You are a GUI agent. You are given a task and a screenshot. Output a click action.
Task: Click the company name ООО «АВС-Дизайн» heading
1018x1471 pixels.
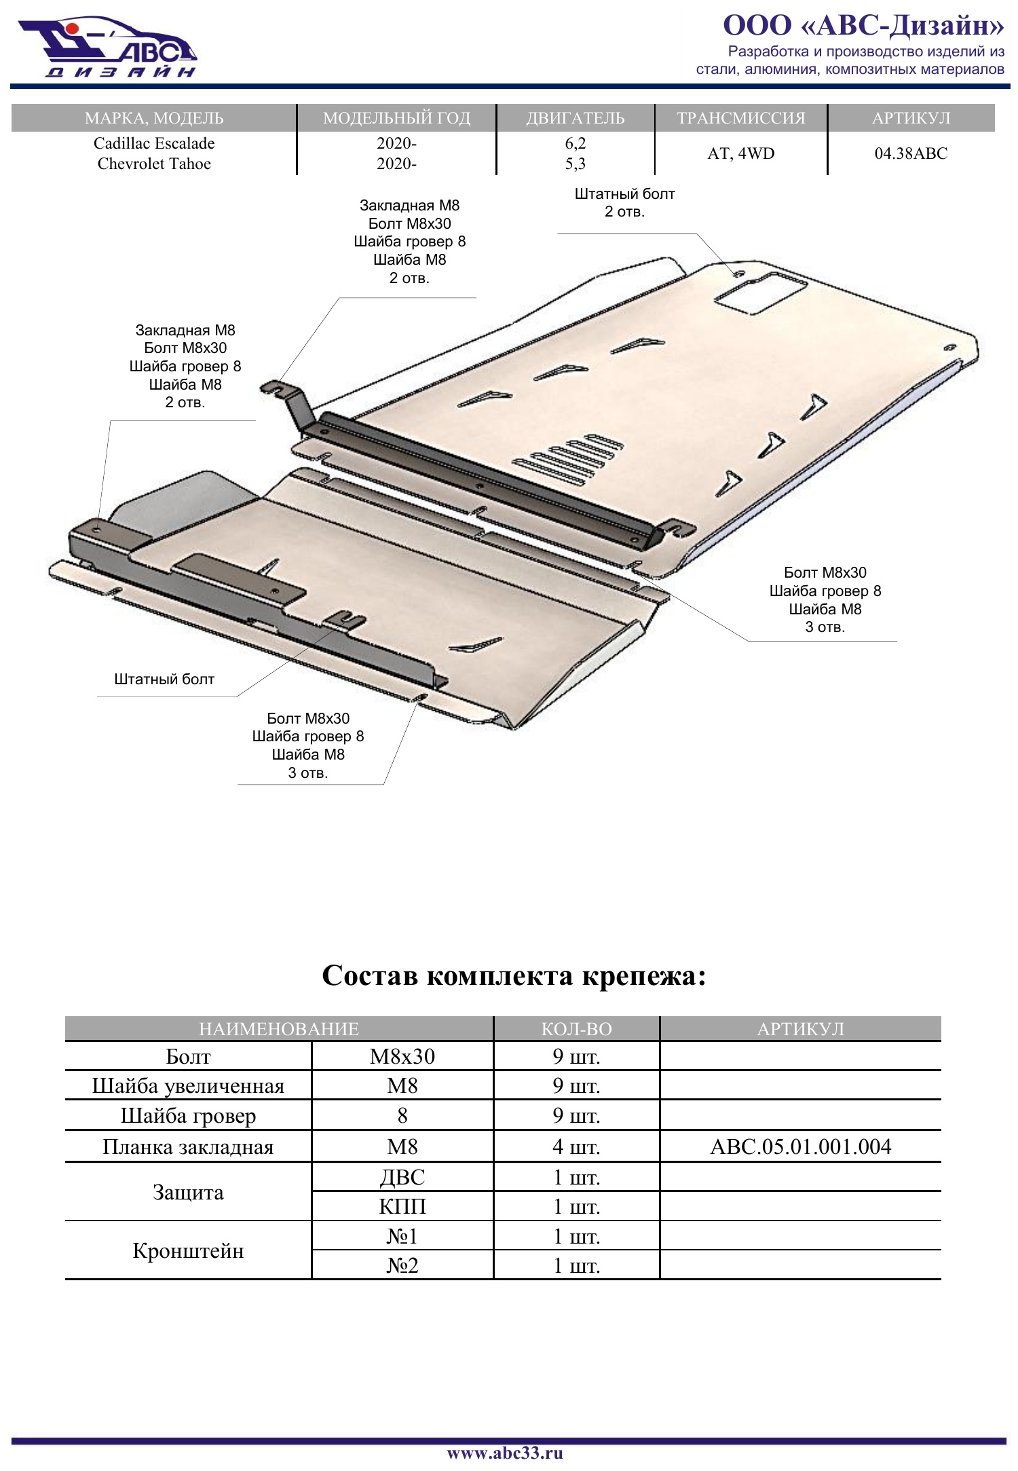click(863, 25)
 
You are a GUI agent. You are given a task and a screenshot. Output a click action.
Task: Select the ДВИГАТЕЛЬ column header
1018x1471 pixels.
click(575, 117)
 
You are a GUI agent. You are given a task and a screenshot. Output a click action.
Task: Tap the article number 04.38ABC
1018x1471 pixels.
click(911, 153)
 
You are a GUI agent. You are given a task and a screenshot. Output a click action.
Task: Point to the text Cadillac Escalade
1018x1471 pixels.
click(154, 143)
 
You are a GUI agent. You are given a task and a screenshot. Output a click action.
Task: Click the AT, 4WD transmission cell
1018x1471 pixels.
click(740, 153)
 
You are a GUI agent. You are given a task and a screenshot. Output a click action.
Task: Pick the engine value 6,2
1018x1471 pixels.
click(575, 143)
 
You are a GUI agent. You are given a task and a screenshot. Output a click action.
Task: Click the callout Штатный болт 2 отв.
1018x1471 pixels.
click(624, 202)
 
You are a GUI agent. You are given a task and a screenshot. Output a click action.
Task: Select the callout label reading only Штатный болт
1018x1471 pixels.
click(164, 679)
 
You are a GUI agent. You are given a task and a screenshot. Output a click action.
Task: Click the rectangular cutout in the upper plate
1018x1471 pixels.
click(759, 293)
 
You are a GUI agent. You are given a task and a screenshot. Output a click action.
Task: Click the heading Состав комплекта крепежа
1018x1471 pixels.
click(514, 975)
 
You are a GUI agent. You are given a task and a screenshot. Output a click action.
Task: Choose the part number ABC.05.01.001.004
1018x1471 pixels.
click(800, 1147)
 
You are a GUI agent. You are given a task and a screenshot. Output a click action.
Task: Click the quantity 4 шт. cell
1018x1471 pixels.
click(576, 1147)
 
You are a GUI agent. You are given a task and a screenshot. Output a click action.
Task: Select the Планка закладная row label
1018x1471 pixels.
click(188, 1147)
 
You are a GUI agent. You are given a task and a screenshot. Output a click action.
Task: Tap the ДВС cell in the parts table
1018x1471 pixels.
click(402, 1177)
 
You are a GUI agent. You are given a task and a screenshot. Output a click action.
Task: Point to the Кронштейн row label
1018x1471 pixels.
click(188, 1250)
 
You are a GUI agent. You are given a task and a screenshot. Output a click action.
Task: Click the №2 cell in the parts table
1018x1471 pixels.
click(402, 1265)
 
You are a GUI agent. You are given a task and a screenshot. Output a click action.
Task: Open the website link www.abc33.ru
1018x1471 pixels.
click(505, 1453)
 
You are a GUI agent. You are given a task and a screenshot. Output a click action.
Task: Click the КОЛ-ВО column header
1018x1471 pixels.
click(576, 1028)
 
